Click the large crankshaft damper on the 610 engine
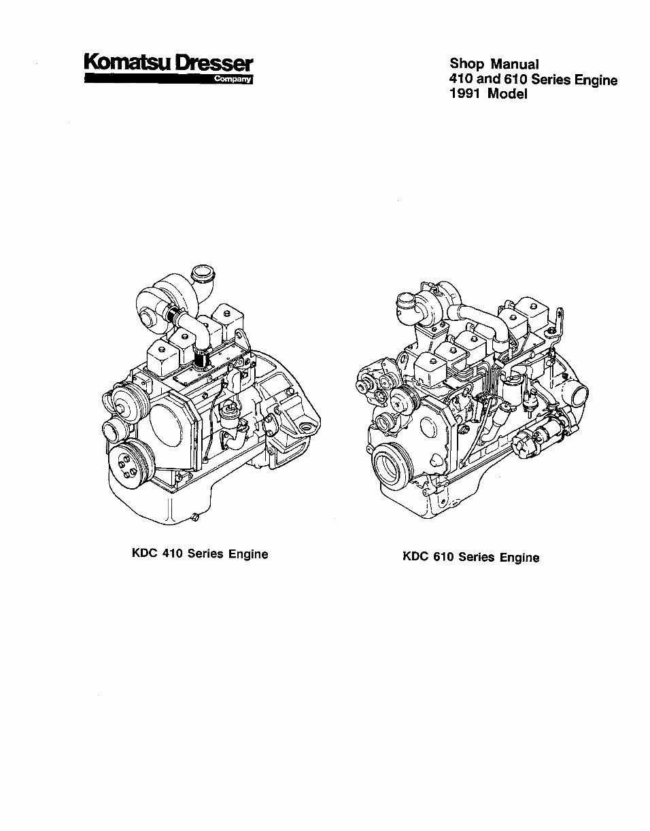click(393, 467)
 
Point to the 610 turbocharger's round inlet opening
click(405, 301)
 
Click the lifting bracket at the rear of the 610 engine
click(559, 320)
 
